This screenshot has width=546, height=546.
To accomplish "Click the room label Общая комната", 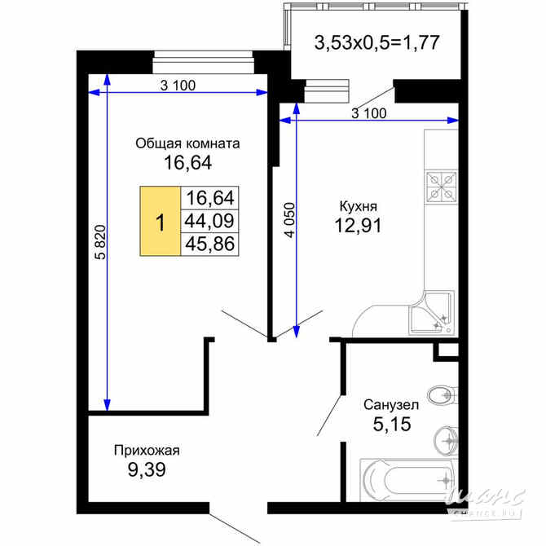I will [x=187, y=143].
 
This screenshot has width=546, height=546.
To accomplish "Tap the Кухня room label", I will [x=359, y=206].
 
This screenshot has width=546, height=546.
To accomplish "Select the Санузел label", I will [x=391, y=404].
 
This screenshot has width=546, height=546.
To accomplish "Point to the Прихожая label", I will [x=146, y=449].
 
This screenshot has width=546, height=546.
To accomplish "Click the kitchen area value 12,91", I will [x=359, y=225].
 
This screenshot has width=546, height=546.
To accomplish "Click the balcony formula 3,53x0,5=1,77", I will [x=377, y=42].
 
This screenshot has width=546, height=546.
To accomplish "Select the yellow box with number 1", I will [x=161, y=221].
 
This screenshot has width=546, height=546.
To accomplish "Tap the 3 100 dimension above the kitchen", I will [x=369, y=113].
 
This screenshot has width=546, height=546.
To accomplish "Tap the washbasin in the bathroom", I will [x=446, y=439].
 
